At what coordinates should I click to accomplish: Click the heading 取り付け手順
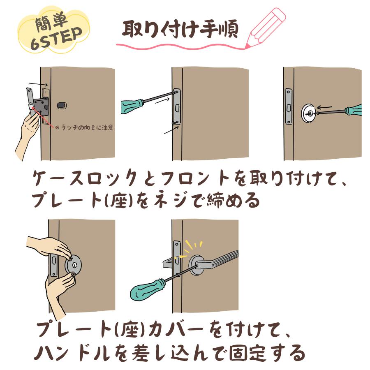(180, 30)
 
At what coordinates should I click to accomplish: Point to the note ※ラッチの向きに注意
(84, 128)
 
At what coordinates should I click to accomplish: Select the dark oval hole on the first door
(62, 106)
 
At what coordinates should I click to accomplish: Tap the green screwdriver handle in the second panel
(132, 106)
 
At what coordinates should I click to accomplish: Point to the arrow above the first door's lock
(38, 84)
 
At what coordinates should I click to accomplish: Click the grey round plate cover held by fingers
(74, 265)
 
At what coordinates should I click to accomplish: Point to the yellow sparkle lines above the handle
(192, 247)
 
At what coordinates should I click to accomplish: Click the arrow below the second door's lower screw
(171, 130)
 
